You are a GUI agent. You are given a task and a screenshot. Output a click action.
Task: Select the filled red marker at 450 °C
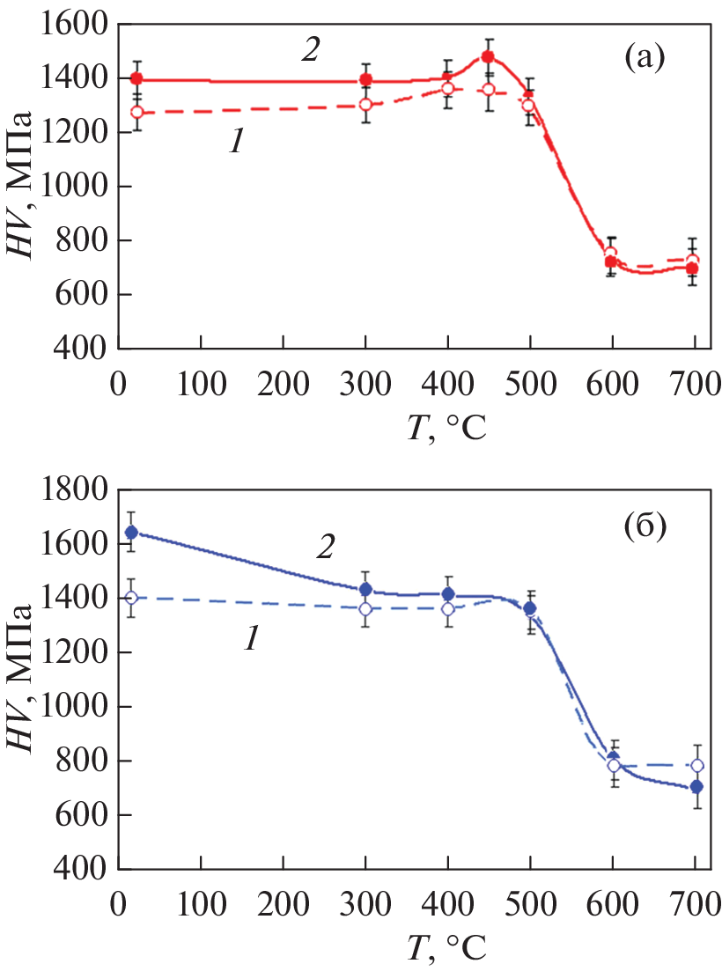pyautogui.click(x=488, y=57)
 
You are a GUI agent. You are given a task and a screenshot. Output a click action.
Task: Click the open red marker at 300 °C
pyautogui.click(x=365, y=105)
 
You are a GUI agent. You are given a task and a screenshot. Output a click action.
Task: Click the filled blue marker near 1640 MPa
pyautogui.click(x=131, y=532)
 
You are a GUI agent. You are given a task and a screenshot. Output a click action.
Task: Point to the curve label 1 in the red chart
pyautogui.click(x=235, y=143)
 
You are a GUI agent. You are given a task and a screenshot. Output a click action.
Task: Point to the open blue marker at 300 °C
pyautogui.click(x=365, y=609)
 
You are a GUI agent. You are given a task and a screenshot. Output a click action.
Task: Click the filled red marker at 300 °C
pyautogui.click(x=365, y=80)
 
